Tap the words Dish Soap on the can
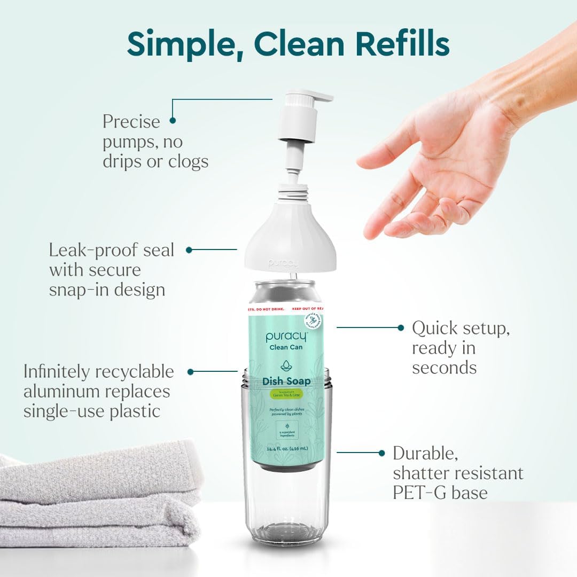click(287, 381)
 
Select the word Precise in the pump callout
click(131, 122)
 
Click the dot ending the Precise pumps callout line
click(173, 121)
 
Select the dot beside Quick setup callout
click(401, 328)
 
